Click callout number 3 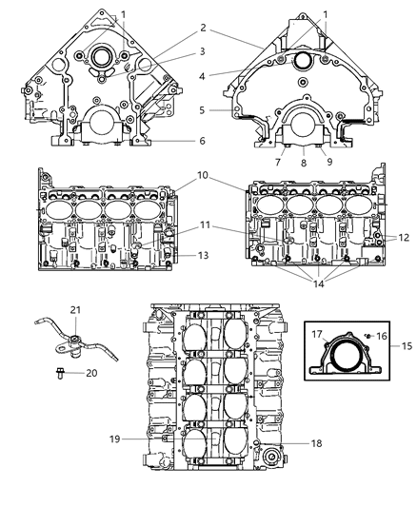202,50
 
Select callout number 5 202,109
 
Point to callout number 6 202,140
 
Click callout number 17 320,334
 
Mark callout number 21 73,311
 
